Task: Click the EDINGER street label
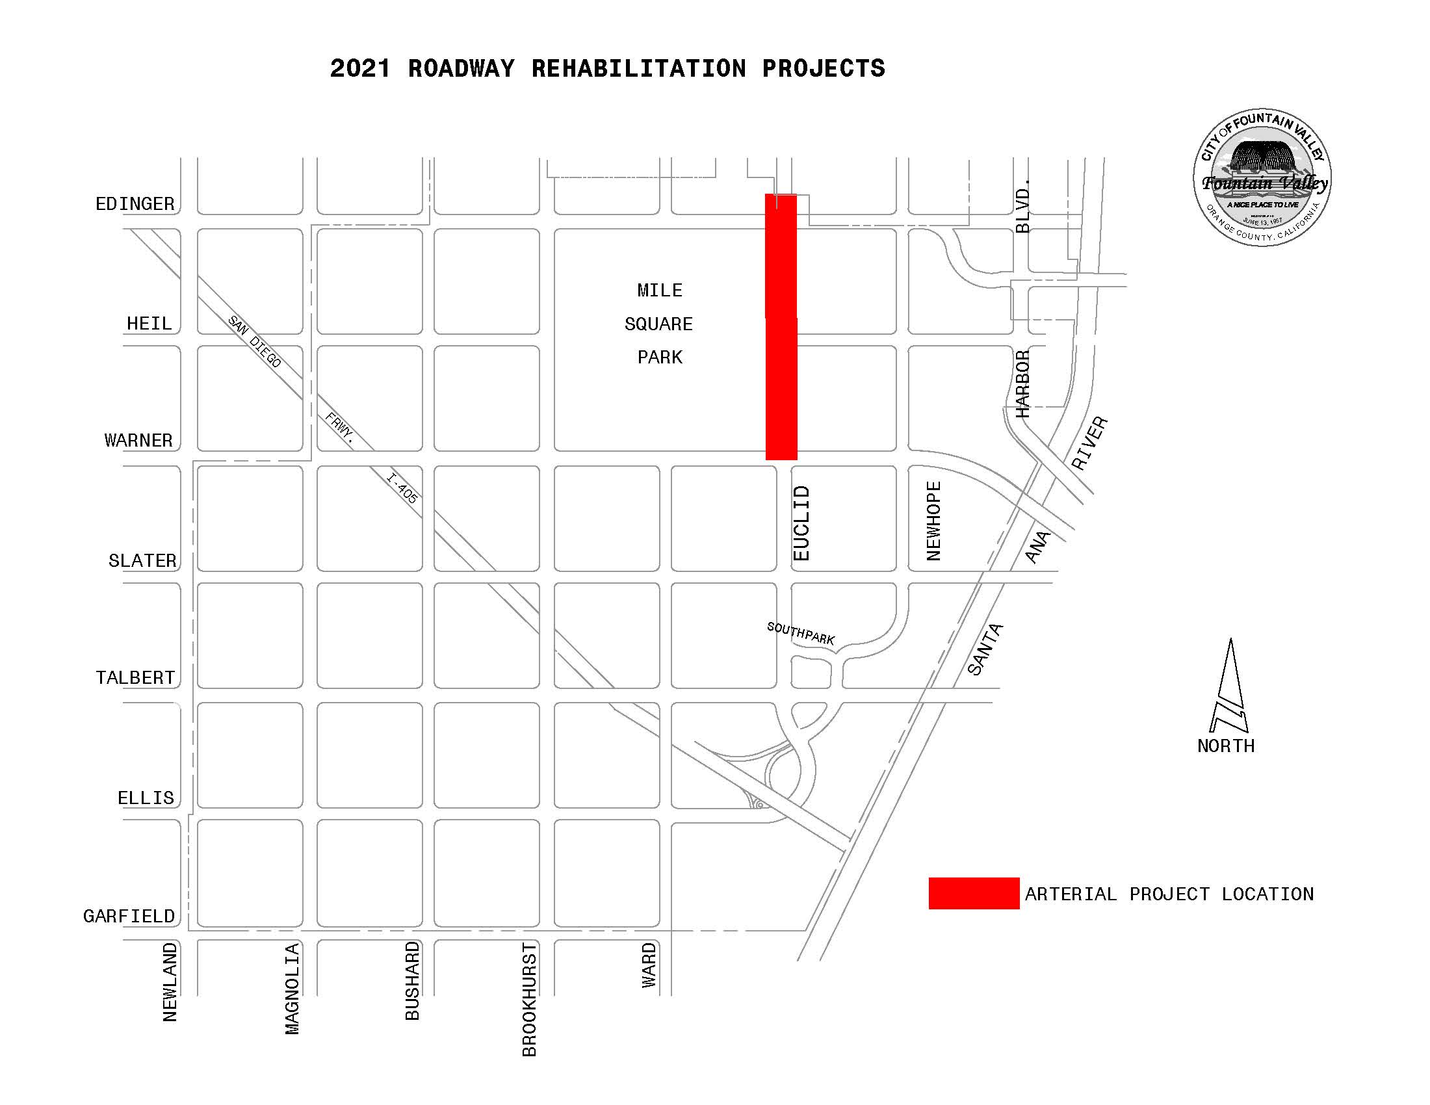135,204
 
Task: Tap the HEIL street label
149,324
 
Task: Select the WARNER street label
139,440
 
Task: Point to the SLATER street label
143,560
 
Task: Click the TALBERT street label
136,677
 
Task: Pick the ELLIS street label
146,798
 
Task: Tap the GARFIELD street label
129,916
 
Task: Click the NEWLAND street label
170,982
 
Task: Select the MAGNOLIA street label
292,989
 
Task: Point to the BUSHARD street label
412,981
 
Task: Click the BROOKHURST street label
529,1000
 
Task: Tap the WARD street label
648,965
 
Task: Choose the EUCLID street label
801,523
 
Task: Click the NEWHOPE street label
933,521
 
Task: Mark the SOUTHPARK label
801,633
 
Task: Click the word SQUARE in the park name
658,324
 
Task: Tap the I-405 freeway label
402,488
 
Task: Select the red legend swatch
974,894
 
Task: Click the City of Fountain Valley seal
1262,177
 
